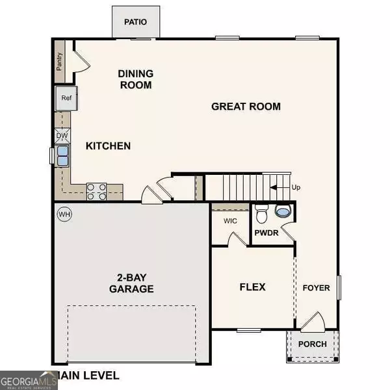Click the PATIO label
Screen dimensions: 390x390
[136, 22]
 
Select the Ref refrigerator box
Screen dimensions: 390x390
[66, 97]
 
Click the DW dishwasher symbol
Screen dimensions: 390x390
[62, 136]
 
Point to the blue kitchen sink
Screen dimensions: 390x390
[62, 156]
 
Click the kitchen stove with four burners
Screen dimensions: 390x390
[97, 191]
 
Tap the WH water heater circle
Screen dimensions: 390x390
[64, 213]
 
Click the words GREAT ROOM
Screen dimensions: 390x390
[246, 106]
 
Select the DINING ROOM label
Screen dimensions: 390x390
[135, 79]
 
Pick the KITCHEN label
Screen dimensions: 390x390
[109, 146]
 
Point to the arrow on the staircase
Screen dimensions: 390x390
[279, 187]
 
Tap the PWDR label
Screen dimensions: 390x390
[266, 231]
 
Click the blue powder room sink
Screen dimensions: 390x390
[283, 211]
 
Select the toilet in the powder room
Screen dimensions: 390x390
[262, 213]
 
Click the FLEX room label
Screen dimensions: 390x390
[252, 287]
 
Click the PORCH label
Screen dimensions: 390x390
[312, 344]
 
